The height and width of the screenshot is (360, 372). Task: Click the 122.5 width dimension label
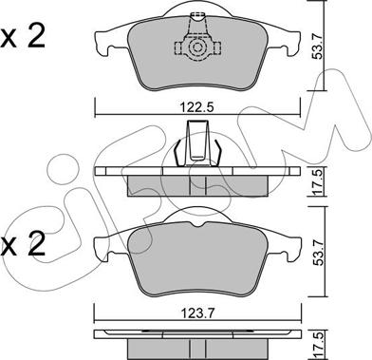[197, 107]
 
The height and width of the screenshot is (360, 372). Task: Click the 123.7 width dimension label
[197, 313]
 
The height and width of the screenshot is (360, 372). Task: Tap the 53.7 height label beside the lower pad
[318, 249]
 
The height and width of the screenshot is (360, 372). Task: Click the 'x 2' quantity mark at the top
[23, 37]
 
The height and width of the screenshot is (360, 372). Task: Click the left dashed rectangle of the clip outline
[178, 47]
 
